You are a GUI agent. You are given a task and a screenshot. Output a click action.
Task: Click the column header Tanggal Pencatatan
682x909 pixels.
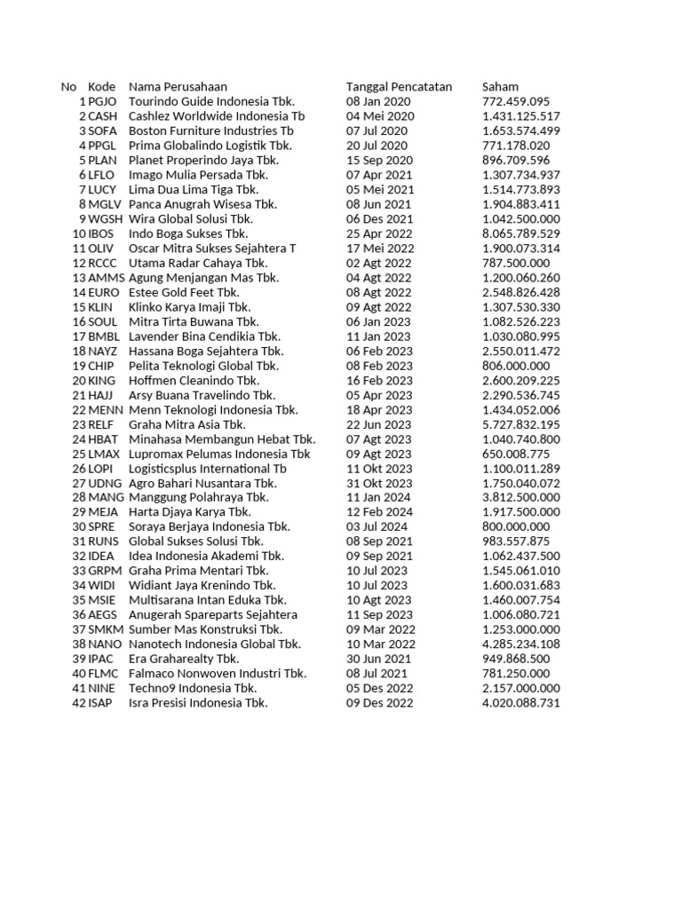[399, 87]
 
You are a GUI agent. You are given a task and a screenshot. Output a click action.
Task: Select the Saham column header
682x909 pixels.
[500, 87]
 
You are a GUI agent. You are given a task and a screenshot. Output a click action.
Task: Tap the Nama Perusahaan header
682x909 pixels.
[178, 87]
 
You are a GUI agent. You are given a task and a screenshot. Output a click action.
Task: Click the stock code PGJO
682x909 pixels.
[102, 101]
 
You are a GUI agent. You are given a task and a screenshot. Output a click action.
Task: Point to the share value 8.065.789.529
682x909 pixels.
[521, 233]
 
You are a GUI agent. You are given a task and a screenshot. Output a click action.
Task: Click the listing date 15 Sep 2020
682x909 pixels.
[379, 160]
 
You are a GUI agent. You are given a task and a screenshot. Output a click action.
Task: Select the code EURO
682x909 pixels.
[103, 292]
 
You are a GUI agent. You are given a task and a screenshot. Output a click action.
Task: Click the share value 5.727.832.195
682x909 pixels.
[521, 424]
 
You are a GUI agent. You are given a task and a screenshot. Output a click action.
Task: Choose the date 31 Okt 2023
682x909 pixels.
[379, 483]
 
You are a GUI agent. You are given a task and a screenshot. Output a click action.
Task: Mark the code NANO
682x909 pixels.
[106, 644]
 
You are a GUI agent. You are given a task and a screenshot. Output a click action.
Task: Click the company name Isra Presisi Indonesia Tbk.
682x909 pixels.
[198, 702]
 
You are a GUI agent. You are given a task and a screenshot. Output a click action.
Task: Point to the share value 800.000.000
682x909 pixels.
[516, 526]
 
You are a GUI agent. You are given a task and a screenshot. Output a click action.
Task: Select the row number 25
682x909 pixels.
[78, 454]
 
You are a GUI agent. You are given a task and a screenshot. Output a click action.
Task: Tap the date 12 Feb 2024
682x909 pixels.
[379, 512]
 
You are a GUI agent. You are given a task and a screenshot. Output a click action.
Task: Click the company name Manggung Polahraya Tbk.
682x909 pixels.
[199, 497]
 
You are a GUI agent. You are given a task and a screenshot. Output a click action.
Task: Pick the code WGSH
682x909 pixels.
[106, 218]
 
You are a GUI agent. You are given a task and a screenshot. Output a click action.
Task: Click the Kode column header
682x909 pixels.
[101, 87]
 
